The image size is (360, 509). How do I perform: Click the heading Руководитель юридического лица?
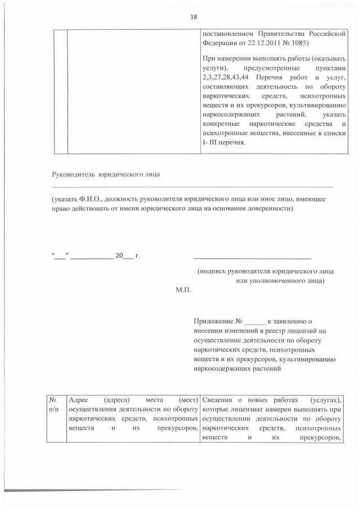coord(106,174)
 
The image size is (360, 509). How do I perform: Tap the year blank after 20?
coord(129,257)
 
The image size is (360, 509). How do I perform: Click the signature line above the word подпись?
coord(252,258)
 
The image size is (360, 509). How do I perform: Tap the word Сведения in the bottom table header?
coord(217,399)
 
